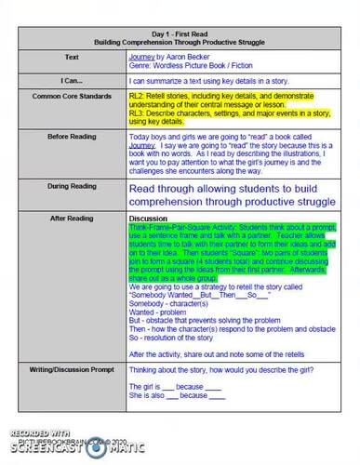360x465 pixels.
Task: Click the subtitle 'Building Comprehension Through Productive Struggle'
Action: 180,44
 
